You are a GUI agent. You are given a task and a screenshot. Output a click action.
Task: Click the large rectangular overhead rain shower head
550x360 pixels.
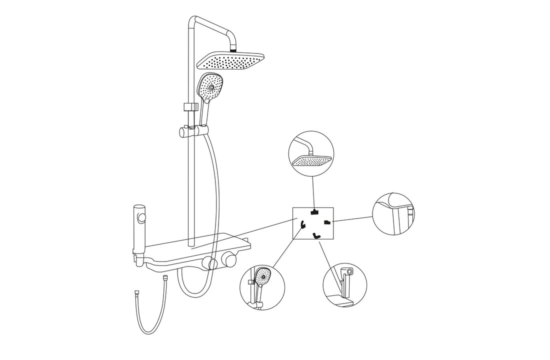(x=230, y=62)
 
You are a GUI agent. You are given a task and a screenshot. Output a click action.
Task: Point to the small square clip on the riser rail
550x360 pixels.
(x=189, y=107)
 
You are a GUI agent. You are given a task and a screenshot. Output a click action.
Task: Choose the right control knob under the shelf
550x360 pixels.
(x=229, y=259)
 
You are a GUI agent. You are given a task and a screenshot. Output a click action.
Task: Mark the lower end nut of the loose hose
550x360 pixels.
(x=136, y=293)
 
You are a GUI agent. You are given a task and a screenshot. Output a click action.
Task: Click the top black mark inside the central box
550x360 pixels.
(x=314, y=211)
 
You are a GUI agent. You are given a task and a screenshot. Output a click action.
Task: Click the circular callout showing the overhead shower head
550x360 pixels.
(x=311, y=154)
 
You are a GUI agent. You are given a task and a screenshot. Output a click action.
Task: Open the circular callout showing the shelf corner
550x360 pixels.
(x=393, y=213)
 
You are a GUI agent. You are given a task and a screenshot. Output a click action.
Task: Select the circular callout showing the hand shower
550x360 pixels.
(x=262, y=287)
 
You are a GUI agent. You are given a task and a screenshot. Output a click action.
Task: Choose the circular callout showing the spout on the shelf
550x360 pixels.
(x=344, y=285)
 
